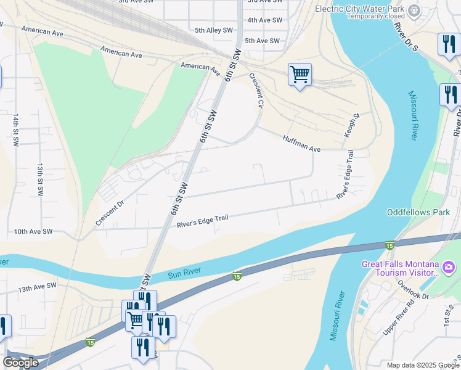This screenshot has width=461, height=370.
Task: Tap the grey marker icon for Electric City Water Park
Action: [415, 10]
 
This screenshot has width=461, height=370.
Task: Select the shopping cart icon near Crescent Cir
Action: [300, 75]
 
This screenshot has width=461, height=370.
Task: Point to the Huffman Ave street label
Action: [301, 144]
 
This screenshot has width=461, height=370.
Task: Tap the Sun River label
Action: [185, 275]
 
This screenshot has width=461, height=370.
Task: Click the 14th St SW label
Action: [14, 129]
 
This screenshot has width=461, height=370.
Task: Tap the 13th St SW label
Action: [39, 179]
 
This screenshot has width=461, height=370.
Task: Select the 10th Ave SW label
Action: [34, 232]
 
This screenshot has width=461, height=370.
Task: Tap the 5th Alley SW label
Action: [214, 30]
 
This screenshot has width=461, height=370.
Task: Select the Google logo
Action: [20, 363]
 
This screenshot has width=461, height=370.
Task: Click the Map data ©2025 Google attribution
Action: [422, 365]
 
